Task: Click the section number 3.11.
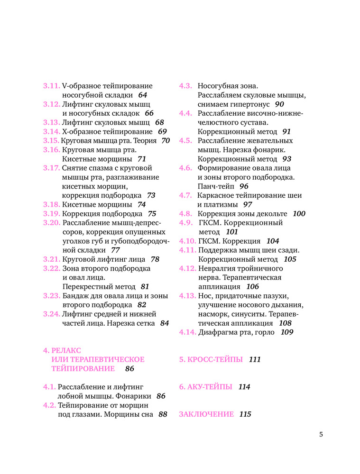(x=51, y=86)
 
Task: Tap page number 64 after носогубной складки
(x=143, y=95)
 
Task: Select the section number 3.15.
(x=51, y=141)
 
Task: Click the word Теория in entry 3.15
(x=146, y=141)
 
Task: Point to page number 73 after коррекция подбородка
(x=151, y=195)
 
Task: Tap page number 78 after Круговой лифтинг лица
(x=155, y=259)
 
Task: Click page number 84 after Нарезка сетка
(x=165, y=323)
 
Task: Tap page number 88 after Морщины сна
(x=163, y=414)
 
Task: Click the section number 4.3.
(x=185, y=86)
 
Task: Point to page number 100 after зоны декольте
(x=299, y=214)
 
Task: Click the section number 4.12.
(x=187, y=268)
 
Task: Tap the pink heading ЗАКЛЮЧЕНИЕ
(x=206, y=414)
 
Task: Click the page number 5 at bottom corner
(x=321, y=434)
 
